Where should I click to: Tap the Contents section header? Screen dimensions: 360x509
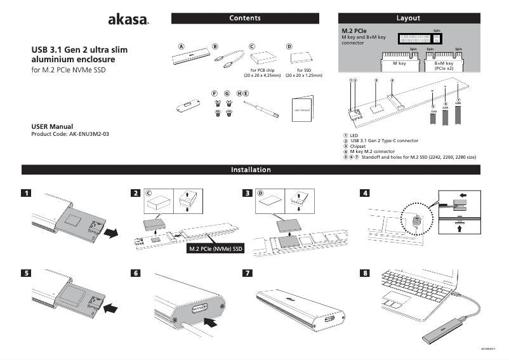[x=245, y=18]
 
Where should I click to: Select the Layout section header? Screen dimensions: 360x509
[x=407, y=18]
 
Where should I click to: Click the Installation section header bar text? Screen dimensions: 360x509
[x=251, y=170]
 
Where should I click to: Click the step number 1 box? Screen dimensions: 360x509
[x=26, y=193]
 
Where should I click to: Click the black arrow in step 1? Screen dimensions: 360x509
[x=111, y=233]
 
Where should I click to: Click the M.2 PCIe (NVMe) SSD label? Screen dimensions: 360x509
[x=216, y=248]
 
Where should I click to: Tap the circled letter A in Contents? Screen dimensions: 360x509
[x=181, y=46]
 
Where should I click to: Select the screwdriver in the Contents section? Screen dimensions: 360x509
[x=261, y=108]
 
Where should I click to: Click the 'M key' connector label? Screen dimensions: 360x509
[x=399, y=63]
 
